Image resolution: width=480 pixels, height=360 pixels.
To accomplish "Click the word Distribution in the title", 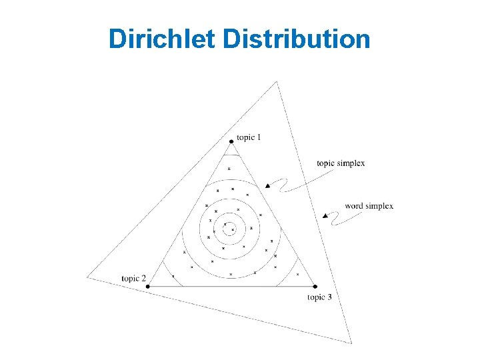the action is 297,39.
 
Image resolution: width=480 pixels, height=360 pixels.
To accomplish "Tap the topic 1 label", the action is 249,137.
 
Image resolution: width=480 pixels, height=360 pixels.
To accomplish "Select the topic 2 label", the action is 133,278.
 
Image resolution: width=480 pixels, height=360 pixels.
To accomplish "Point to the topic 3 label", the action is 319,297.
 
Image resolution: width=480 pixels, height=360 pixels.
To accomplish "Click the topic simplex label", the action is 341,163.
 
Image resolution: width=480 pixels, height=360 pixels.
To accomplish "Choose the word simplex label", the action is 369,205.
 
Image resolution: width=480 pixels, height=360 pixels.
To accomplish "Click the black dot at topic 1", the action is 231,141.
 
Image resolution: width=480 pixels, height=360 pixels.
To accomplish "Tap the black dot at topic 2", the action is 148,286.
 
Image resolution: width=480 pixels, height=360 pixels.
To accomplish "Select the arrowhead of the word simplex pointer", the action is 325,215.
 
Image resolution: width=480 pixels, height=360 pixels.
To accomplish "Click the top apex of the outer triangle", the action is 276,81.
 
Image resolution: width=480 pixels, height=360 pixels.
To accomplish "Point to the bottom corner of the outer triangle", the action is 351,343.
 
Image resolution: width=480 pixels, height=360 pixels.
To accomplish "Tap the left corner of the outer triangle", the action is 87,277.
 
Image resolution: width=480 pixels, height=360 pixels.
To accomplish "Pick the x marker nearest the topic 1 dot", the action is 229,169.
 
